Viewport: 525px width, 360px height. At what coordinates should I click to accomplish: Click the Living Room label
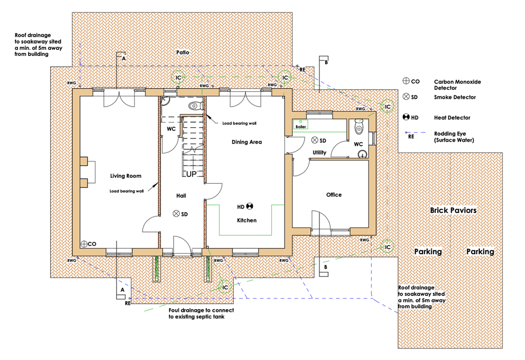(x=126, y=176)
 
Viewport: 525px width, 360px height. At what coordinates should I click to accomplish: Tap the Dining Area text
(x=247, y=142)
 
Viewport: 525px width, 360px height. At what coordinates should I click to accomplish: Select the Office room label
(x=334, y=195)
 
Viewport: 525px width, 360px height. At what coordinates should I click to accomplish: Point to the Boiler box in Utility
(x=300, y=125)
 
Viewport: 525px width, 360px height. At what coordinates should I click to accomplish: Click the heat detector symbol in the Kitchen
(x=250, y=207)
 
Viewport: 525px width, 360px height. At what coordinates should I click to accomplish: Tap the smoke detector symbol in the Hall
(x=176, y=214)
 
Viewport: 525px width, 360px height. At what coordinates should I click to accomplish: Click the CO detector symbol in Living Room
(x=83, y=244)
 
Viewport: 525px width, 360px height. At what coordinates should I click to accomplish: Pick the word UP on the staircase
(x=191, y=174)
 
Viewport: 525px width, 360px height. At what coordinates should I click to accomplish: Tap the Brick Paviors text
(x=453, y=210)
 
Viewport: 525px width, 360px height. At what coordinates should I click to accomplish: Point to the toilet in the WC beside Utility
(x=359, y=126)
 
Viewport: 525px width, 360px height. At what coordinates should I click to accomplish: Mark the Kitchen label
(x=246, y=221)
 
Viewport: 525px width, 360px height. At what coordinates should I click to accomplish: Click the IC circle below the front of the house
(x=225, y=288)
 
